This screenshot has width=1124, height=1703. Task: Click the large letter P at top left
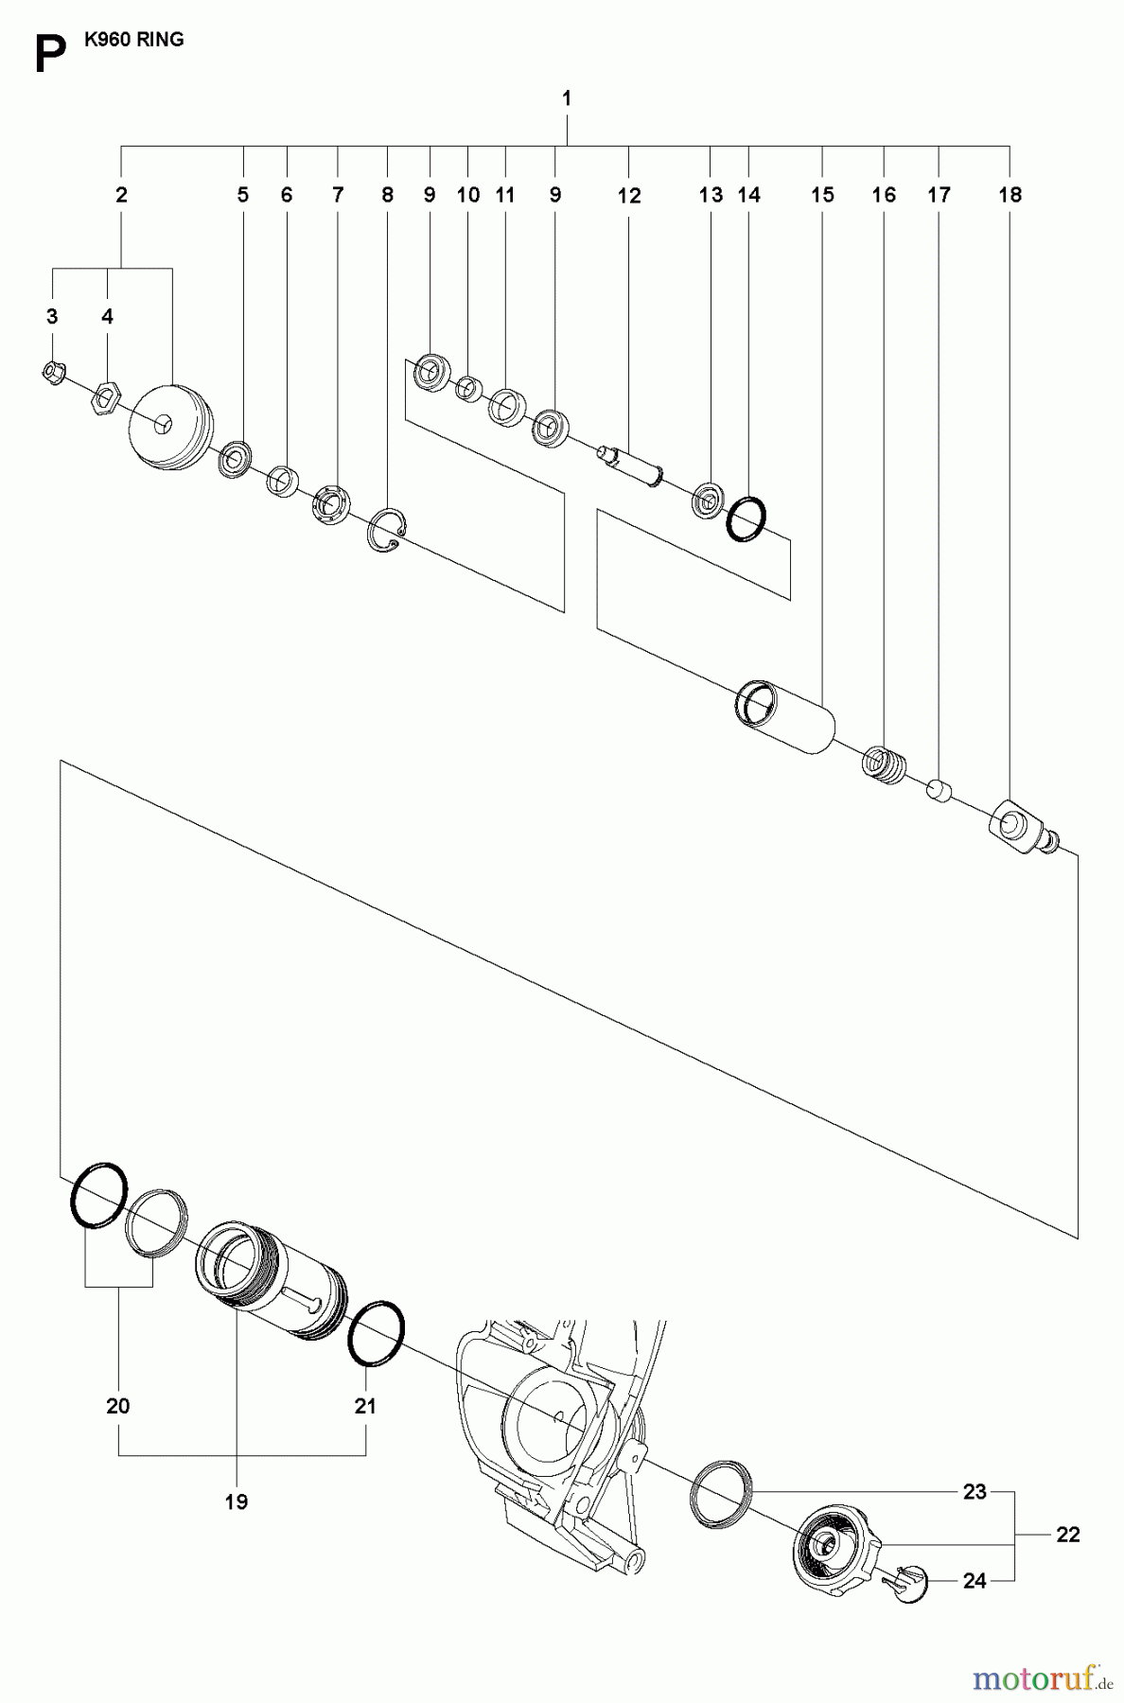pyautogui.click(x=49, y=55)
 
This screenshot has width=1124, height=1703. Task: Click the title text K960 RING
pyautogui.click(x=133, y=40)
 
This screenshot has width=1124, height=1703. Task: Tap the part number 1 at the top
pyautogui.click(x=566, y=98)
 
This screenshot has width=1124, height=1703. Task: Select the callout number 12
pyautogui.click(x=628, y=196)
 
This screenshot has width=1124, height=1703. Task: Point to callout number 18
pyautogui.click(x=1010, y=195)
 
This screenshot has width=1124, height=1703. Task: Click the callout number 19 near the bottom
pyautogui.click(x=236, y=1501)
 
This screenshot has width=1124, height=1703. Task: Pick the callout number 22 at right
pyautogui.click(x=1067, y=1535)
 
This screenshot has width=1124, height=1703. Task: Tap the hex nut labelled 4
pyautogui.click(x=102, y=400)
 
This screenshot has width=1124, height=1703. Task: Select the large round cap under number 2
pyautogui.click(x=170, y=427)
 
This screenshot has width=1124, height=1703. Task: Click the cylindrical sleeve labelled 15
pyautogui.click(x=785, y=716)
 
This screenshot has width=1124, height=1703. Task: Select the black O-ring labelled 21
pyautogui.click(x=378, y=1334)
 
